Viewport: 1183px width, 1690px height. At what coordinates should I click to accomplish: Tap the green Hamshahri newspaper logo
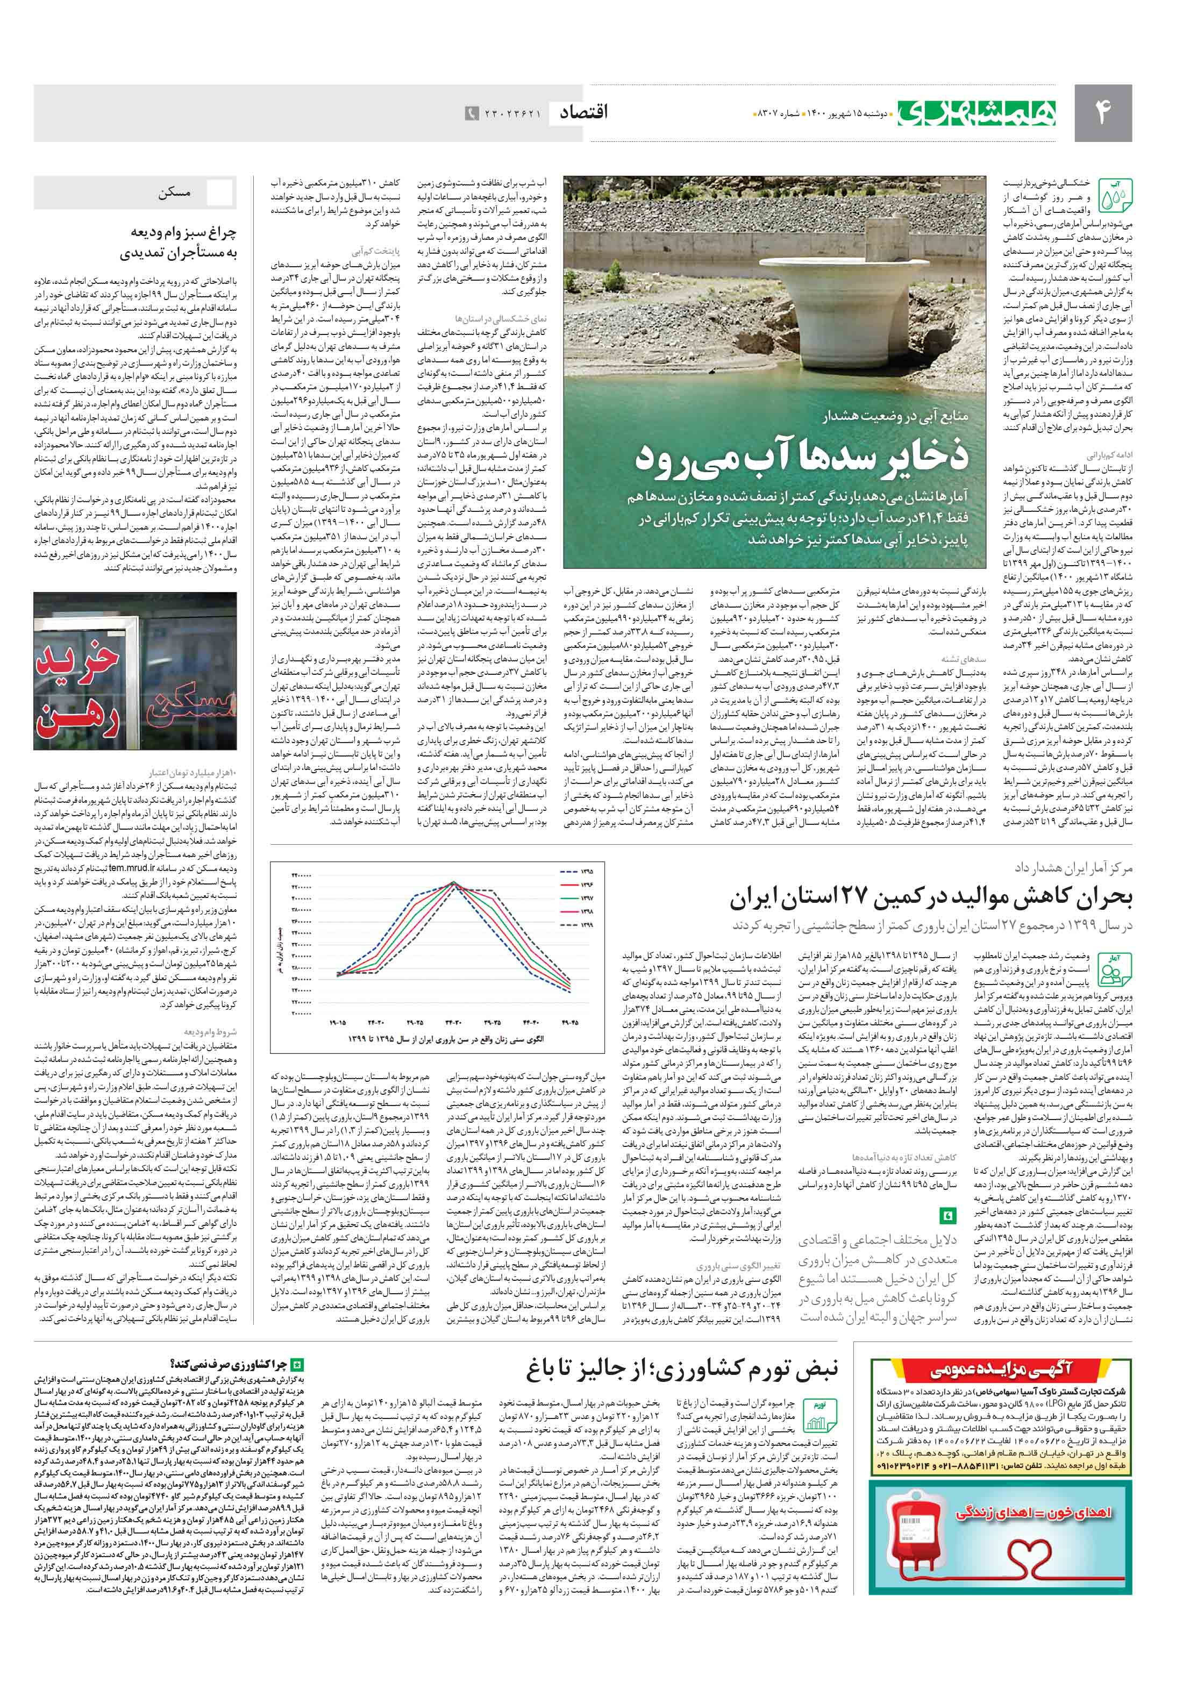coord(976,112)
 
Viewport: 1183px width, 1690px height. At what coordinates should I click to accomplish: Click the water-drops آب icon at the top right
coord(1115,196)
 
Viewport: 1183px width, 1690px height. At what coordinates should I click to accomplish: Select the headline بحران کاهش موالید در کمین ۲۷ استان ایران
coord(930,898)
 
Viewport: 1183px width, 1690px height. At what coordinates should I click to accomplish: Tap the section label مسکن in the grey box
coord(174,194)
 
